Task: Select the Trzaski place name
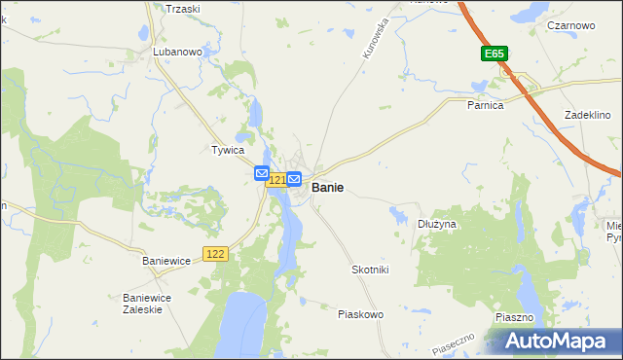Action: [x=182, y=8]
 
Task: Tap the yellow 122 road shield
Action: [x=216, y=254]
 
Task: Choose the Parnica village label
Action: [x=484, y=105]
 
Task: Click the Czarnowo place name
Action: [x=571, y=25]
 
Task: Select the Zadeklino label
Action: [x=587, y=115]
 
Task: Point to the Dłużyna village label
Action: [x=437, y=224]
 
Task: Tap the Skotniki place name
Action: [x=369, y=270]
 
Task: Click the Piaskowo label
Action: [x=360, y=314]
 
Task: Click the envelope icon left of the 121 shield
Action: [x=261, y=173]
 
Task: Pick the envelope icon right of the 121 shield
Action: [x=294, y=179]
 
